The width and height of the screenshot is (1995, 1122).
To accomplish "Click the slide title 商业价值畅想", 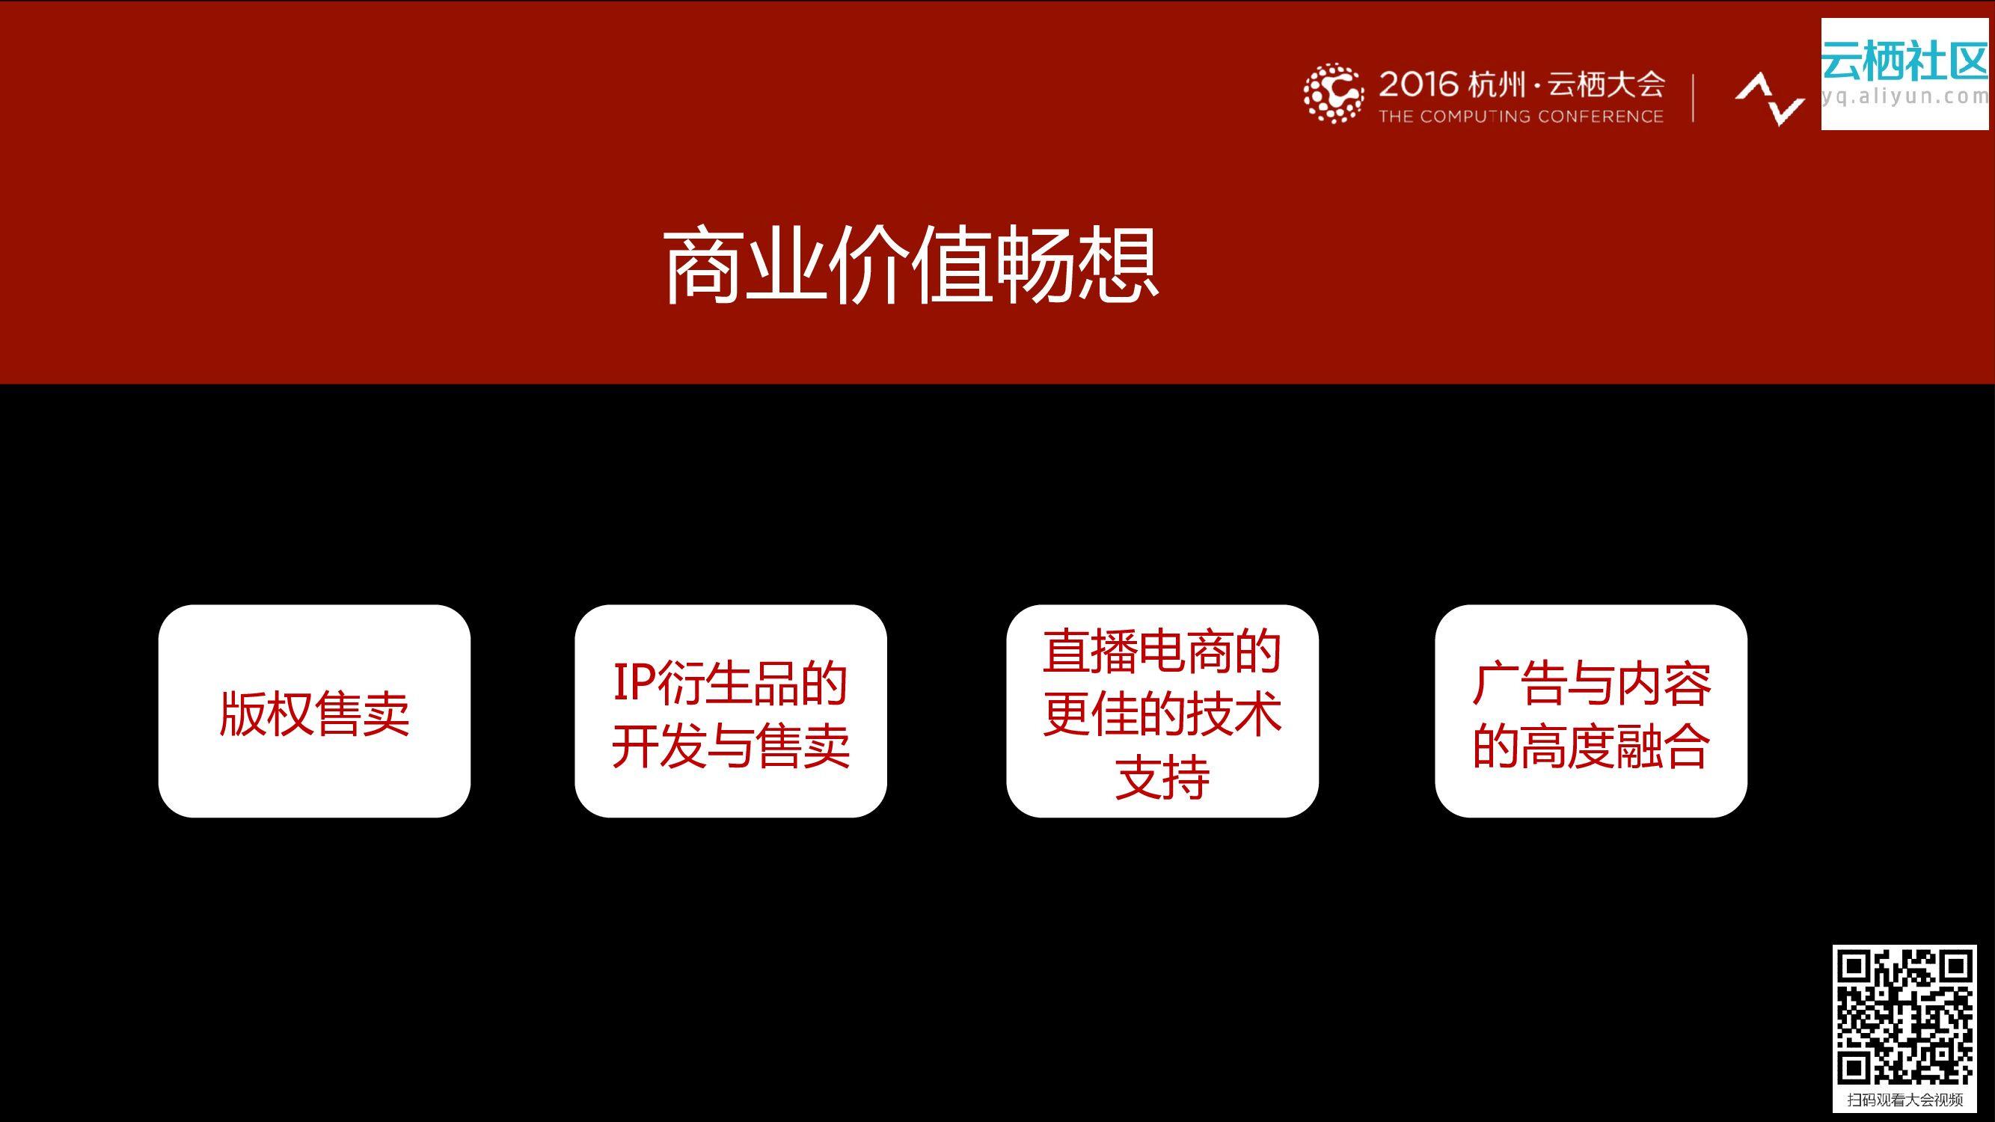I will click(911, 265).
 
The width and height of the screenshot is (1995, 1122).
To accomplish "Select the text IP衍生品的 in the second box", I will click(730, 682).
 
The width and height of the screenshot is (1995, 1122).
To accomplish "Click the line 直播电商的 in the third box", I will click(1162, 652).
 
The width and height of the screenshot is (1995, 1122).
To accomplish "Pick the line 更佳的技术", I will click(1162, 713).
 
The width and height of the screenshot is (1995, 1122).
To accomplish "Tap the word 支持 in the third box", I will click(1162, 776).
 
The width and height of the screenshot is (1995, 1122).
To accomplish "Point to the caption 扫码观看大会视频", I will click(1904, 1100).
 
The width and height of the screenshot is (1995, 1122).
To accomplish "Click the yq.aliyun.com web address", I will click(1904, 96).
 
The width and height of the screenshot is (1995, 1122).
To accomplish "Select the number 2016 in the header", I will click(1419, 84).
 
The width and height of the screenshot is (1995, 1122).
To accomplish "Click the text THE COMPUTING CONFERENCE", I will click(1520, 117).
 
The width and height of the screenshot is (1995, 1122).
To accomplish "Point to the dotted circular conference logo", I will click(1332, 93).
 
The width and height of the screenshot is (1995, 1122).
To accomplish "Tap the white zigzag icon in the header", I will click(1770, 98).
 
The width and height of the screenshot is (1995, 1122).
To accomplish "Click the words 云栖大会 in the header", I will click(1606, 84).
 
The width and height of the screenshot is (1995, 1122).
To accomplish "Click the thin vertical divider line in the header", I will click(1693, 97).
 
